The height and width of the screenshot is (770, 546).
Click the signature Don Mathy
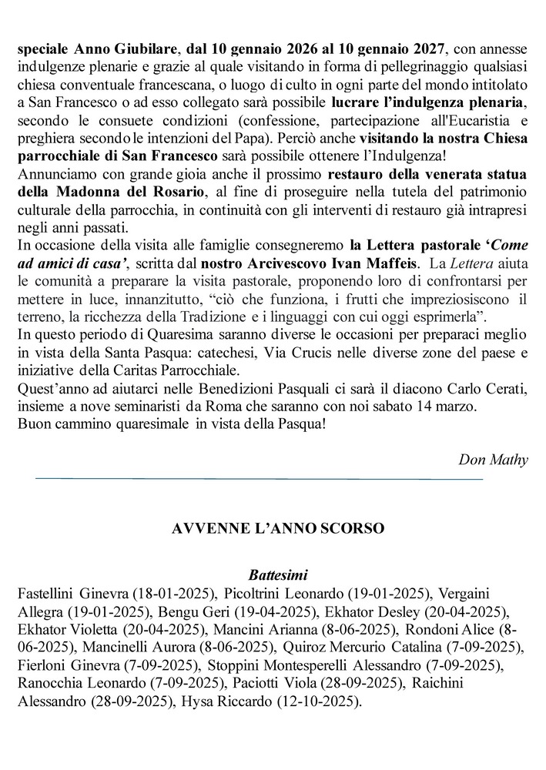(x=493, y=460)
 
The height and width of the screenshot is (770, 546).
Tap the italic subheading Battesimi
(x=278, y=574)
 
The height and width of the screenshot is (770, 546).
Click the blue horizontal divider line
(x=259, y=480)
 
